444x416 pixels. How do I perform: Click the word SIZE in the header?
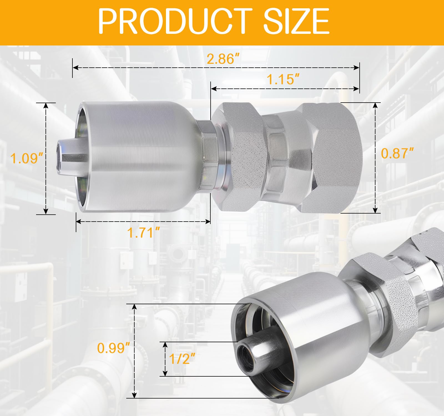tap(296, 21)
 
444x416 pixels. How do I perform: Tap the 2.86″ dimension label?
tap(223, 59)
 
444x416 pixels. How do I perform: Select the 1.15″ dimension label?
tap(283, 79)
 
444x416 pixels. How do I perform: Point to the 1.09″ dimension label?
tap(27, 158)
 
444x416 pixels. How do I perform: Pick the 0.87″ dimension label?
tap(397, 153)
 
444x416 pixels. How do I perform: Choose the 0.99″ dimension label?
tap(113, 348)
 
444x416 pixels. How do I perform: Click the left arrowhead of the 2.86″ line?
tap(75, 68)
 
